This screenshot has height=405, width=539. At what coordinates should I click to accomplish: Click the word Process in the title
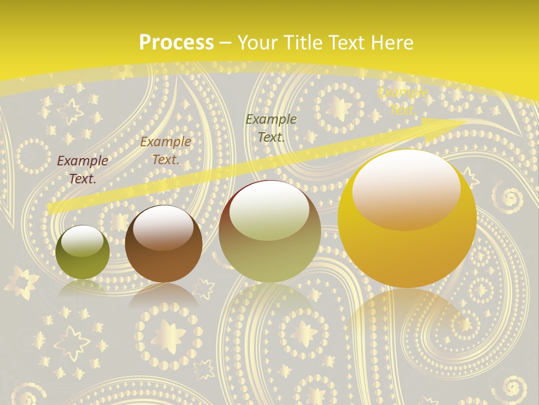[x=176, y=43]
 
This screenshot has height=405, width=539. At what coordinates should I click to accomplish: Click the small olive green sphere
[x=83, y=252]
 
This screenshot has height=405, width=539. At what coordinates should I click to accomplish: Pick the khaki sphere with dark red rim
[x=269, y=232]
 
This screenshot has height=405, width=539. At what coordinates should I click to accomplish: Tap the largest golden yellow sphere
[x=407, y=219]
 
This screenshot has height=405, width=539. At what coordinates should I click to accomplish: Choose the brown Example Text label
[x=166, y=151]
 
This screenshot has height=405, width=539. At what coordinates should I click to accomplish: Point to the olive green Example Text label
[x=271, y=128]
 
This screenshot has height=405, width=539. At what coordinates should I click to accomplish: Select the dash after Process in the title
[x=226, y=43]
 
